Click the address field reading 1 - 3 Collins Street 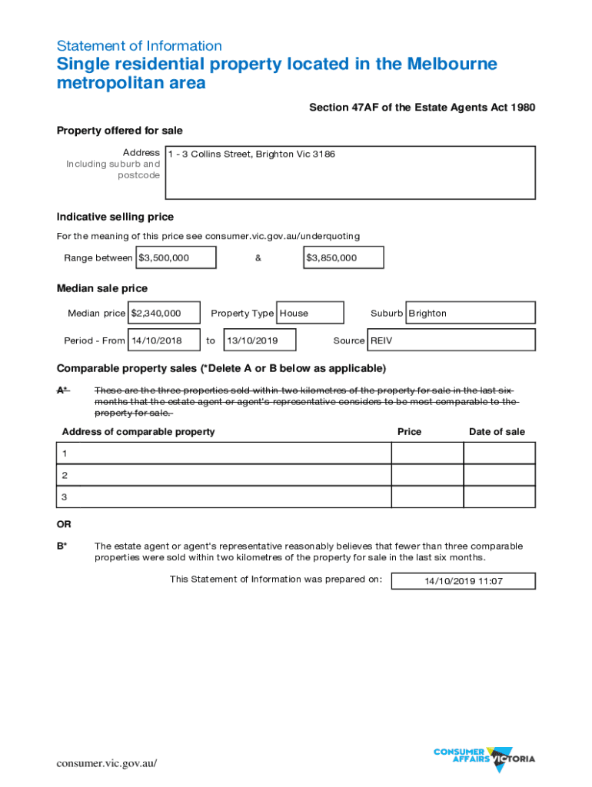(x=350, y=172)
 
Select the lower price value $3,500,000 (x=175, y=257)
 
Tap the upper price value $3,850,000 (x=344, y=257)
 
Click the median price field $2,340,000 (x=165, y=313)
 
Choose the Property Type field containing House (x=310, y=313)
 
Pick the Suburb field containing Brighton (x=470, y=313)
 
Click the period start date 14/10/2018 (x=165, y=340)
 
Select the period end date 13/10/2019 (x=259, y=340)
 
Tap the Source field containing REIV (x=451, y=340)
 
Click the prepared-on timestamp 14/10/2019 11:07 (x=463, y=581)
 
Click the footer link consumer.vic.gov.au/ (x=107, y=763)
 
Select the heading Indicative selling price (x=115, y=217)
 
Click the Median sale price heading (x=102, y=288)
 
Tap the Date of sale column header (x=497, y=432)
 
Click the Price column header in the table (x=409, y=432)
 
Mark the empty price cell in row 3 (x=427, y=496)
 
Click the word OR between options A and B (x=64, y=524)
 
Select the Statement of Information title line (x=139, y=46)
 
